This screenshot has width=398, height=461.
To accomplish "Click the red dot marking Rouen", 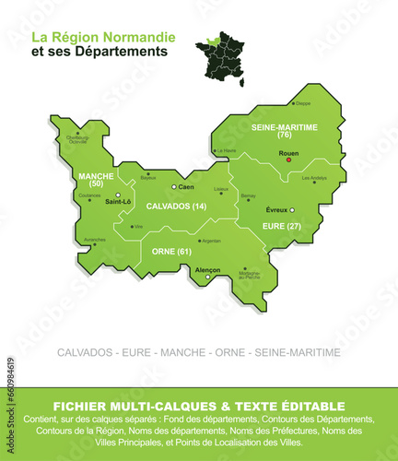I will [x=288, y=160].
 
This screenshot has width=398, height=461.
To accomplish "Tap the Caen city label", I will [x=186, y=187].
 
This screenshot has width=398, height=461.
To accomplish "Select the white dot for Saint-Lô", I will [x=118, y=195].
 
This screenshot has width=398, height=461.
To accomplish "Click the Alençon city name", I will [x=207, y=269].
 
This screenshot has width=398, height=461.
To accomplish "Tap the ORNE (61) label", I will [x=171, y=251].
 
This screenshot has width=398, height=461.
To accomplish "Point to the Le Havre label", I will [x=227, y=150].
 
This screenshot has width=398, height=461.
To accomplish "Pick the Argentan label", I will [x=211, y=241].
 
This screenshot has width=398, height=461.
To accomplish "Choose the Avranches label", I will [x=95, y=240].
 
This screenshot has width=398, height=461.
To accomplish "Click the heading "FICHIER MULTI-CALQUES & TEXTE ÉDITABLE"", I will [x=199, y=406].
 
